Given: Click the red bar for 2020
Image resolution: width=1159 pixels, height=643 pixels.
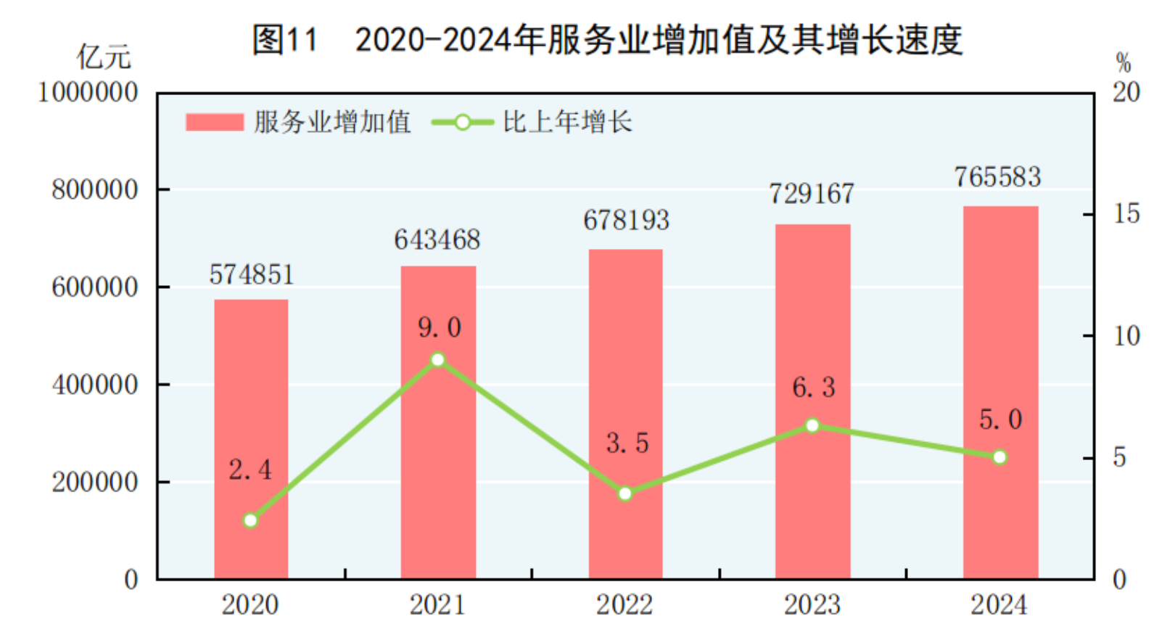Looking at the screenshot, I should pyautogui.click(x=251, y=439).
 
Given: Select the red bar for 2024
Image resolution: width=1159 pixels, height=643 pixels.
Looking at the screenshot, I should pyautogui.click(x=1000, y=392).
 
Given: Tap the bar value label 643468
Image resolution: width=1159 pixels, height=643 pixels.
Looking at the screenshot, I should pyautogui.click(x=437, y=239).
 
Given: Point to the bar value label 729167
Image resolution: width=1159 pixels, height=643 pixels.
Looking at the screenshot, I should pyautogui.click(x=812, y=194).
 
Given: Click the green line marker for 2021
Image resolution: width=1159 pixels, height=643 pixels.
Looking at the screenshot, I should pyautogui.click(x=437, y=360).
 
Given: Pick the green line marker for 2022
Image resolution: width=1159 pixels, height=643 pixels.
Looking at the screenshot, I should pyautogui.click(x=625, y=493).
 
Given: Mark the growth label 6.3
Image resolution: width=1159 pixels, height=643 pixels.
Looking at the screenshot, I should pyautogui.click(x=813, y=388).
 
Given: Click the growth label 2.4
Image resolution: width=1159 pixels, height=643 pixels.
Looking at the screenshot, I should pyautogui.click(x=250, y=470).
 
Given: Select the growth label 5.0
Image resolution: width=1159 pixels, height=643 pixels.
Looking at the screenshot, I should pyautogui.click(x=1000, y=419).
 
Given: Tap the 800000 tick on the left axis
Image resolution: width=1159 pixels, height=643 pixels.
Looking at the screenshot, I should pyautogui.click(x=94, y=190).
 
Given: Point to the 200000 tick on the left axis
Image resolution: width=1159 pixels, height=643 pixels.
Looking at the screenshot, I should pyautogui.click(x=94, y=482).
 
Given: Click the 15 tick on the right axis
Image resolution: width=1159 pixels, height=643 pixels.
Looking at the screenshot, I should pyautogui.click(x=1126, y=214).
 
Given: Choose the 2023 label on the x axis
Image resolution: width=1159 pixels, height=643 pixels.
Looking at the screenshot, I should pyautogui.click(x=812, y=605).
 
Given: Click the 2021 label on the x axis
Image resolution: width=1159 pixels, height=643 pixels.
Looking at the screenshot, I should pyautogui.click(x=437, y=605).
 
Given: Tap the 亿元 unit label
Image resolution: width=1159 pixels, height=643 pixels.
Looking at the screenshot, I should pyautogui.click(x=104, y=57).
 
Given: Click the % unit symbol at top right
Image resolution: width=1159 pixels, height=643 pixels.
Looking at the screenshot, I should pyautogui.click(x=1123, y=62).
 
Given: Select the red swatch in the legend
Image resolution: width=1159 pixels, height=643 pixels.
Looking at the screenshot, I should pyautogui.click(x=214, y=122).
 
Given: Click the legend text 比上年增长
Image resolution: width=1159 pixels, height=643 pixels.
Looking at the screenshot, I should pyautogui.click(x=567, y=122).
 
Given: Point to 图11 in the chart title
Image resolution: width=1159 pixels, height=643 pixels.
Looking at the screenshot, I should pyautogui.click(x=285, y=39).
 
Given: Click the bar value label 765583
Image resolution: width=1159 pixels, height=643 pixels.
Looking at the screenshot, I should pyautogui.click(x=997, y=177).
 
